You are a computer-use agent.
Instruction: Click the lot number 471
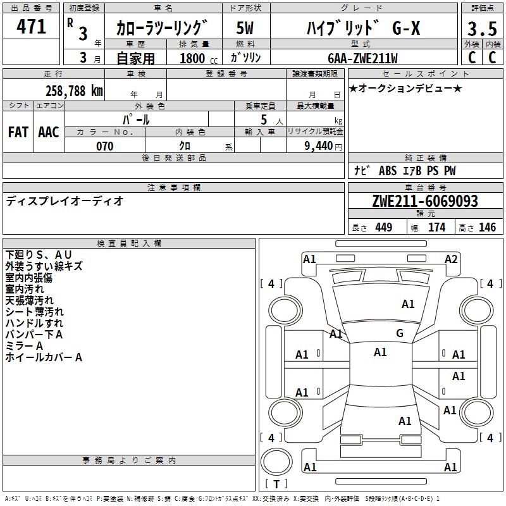[x=32, y=27]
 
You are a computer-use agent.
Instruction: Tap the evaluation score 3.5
[x=481, y=29]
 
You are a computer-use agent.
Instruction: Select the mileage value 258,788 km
[x=73, y=90]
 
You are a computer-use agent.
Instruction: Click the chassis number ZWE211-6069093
[x=424, y=201]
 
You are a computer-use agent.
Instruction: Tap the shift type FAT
[x=18, y=132]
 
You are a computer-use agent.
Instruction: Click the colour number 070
[x=104, y=146]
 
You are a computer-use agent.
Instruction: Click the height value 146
[x=487, y=227]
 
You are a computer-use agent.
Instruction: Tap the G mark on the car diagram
[x=400, y=333]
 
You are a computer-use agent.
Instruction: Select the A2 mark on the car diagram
[x=451, y=259]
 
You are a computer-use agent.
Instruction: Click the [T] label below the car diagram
[x=276, y=484]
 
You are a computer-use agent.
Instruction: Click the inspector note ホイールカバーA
[x=44, y=357]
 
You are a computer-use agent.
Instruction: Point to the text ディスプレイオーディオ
[x=65, y=201]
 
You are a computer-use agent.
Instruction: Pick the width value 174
[x=436, y=227]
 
